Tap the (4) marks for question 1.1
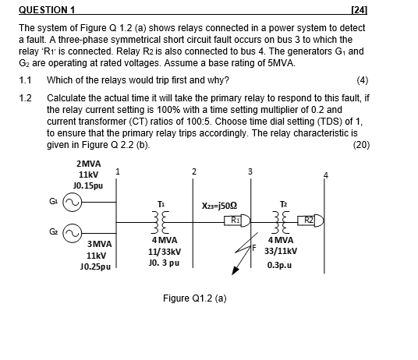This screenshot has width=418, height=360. pyautogui.click(x=361, y=79)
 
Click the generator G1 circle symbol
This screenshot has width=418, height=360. pyautogui.click(x=72, y=204)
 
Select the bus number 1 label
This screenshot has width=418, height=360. pyautogui.click(x=117, y=171)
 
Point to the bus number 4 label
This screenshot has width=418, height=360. pyautogui.click(x=326, y=174)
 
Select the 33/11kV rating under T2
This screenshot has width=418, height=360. pyautogui.click(x=280, y=252)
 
